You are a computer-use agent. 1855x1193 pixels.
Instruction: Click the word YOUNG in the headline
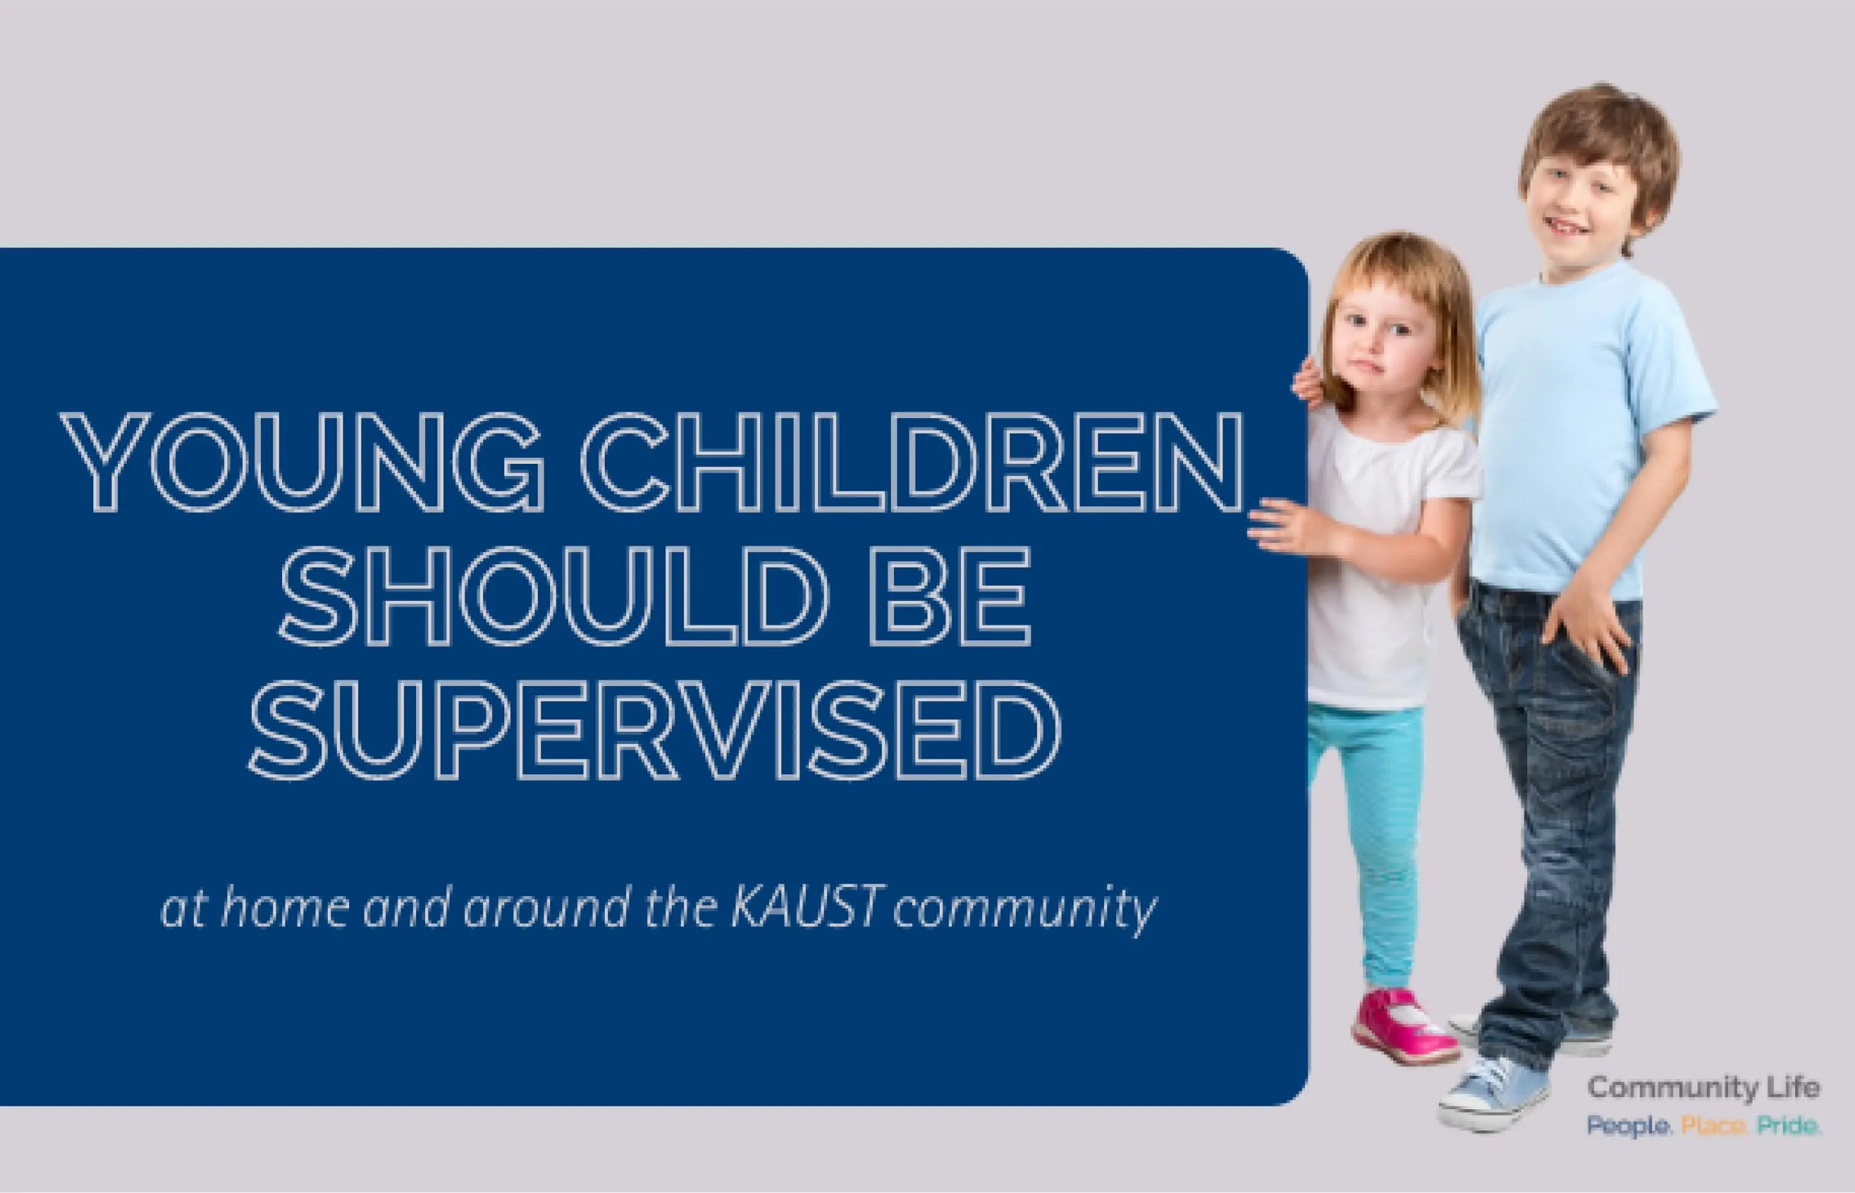click(x=302, y=462)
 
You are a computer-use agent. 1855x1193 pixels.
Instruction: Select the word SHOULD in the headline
click(x=554, y=596)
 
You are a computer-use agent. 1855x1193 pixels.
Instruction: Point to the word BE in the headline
click(x=950, y=596)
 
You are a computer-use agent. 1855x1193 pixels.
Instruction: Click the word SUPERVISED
click(x=654, y=730)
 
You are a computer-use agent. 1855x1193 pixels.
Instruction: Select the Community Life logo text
click(x=1703, y=1089)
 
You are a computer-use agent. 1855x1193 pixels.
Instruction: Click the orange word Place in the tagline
click(x=1713, y=1125)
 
